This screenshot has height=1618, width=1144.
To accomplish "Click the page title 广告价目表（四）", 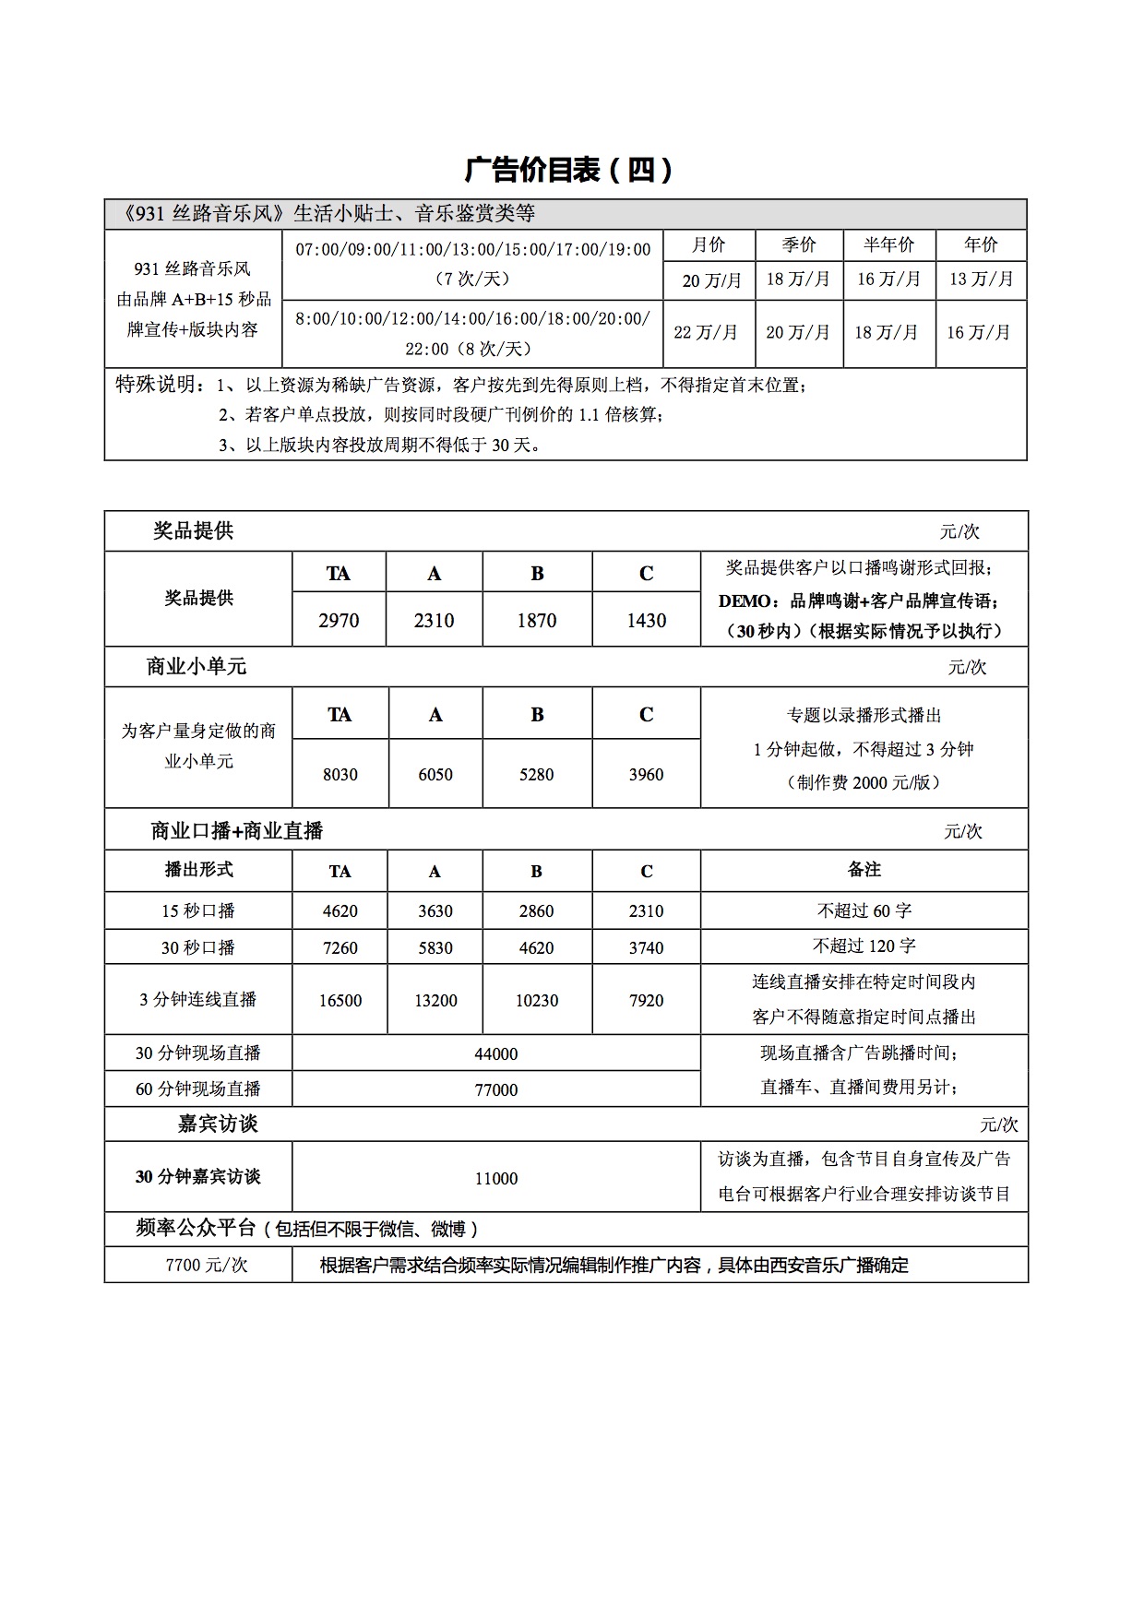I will [569, 170].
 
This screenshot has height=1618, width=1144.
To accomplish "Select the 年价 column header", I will [981, 244].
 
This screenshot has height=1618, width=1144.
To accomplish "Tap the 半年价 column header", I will [888, 244].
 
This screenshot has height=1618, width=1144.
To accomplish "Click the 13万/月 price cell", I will [981, 280].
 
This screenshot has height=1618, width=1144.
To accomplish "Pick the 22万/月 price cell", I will [707, 332].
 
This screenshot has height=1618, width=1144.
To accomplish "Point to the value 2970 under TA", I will [339, 621].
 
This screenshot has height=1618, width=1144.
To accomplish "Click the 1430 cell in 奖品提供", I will [646, 621].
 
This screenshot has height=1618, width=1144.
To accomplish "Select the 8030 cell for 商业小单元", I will [340, 775].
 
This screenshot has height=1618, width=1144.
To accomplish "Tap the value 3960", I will [646, 775].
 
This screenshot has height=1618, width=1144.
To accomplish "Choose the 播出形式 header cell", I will [198, 870].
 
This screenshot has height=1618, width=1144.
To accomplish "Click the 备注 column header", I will [864, 870].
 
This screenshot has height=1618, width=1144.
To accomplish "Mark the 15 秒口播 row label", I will [198, 911].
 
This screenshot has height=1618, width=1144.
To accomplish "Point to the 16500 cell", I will [340, 1001].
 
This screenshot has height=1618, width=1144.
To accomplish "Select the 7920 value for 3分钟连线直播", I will [646, 1001].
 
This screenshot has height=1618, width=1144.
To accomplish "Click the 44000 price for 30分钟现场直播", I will [495, 1053].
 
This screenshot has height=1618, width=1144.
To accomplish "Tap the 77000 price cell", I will [495, 1089].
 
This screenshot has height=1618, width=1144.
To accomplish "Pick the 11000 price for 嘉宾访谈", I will [495, 1178].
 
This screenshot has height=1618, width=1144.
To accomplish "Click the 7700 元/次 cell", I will [207, 1266].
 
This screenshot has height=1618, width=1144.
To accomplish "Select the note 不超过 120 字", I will [864, 946].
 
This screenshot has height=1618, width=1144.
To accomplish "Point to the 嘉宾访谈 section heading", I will [218, 1124].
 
